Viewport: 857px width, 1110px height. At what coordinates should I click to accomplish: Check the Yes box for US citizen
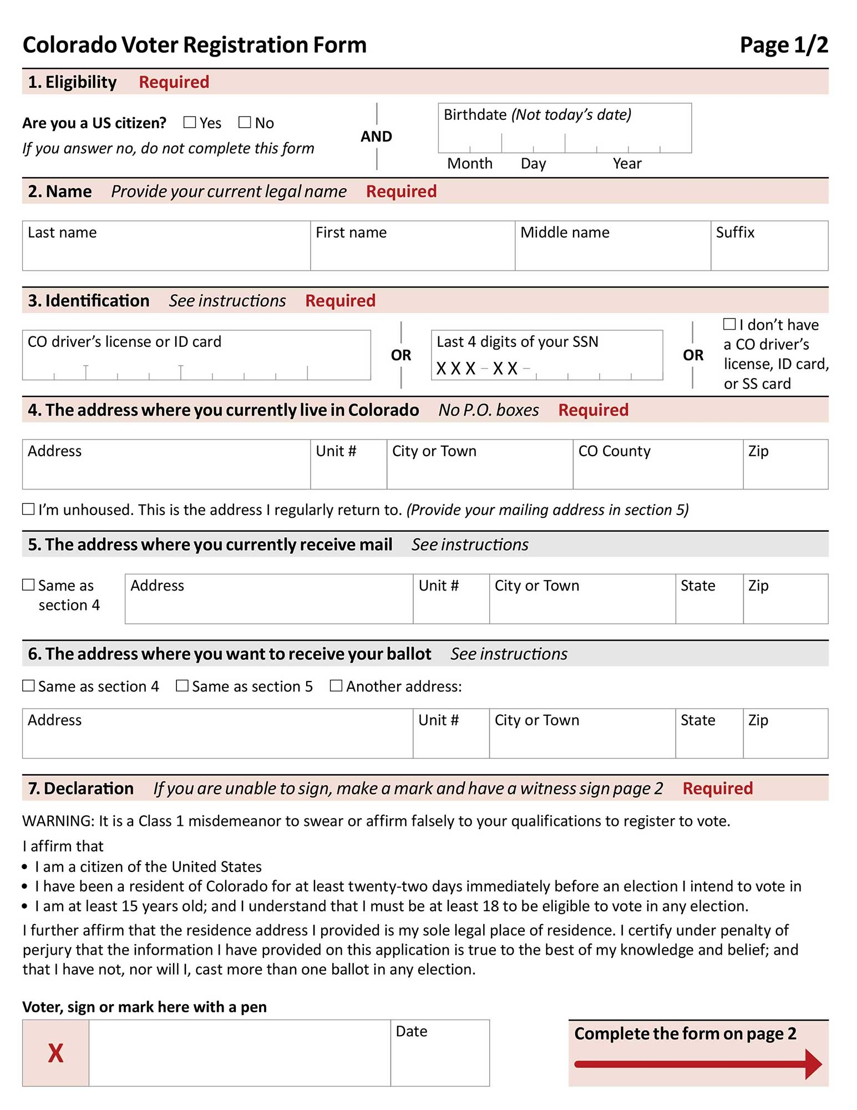click(190, 122)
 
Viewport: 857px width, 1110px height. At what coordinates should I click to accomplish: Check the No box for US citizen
click(245, 122)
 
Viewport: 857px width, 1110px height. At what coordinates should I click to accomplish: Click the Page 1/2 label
click(784, 45)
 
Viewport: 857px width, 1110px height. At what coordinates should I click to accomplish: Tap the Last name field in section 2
click(166, 253)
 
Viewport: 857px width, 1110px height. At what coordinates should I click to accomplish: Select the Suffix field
click(769, 253)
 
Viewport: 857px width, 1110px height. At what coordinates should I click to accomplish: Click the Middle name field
click(612, 253)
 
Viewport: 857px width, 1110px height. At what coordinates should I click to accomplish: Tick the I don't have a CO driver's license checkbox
click(729, 324)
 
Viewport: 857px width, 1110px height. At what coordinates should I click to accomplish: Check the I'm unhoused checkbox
click(28, 509)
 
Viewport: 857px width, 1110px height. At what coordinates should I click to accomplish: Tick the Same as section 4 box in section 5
click(28, 585)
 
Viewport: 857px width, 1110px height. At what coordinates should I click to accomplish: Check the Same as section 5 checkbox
click(182, 685)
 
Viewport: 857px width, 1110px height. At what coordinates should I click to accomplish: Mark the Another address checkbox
click(336, 685)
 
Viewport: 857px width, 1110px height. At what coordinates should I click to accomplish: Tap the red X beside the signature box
click(55, 1053)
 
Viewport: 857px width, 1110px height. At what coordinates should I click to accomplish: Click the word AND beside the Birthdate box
click(376, 137)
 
